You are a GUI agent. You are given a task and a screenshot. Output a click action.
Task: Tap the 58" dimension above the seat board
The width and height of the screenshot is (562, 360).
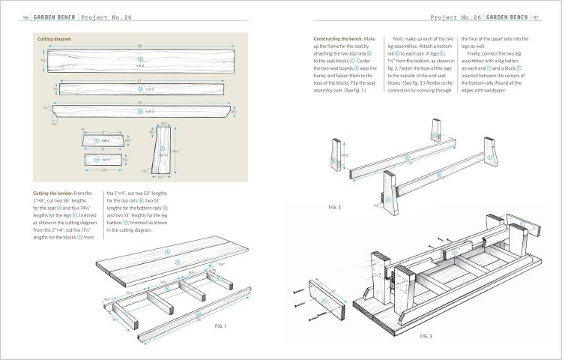(139, 46)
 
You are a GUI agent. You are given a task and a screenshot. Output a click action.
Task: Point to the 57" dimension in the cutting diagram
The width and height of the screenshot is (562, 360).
(139, 80)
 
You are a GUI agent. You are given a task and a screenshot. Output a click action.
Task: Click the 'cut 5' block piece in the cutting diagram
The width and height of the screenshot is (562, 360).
(105, 160)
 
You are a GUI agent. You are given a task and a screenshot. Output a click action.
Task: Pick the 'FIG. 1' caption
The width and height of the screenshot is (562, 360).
(220, 327)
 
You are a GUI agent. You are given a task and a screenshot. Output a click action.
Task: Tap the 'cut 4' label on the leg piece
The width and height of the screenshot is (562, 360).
(162, 154)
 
